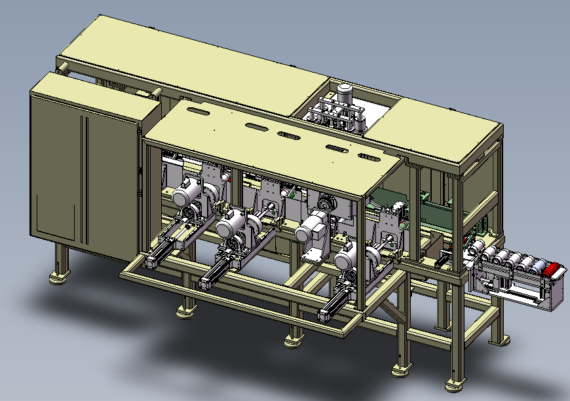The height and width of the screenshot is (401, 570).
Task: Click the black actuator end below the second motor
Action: coord(204,284)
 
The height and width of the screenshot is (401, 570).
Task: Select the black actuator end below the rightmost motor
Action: coord(325,315)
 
